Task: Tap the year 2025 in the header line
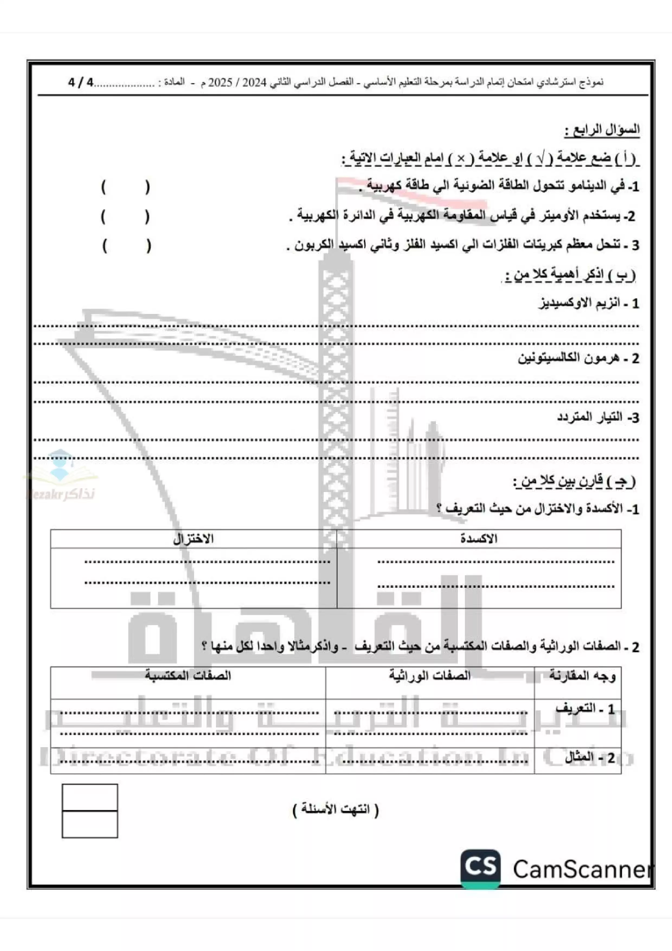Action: click(x=220, y=82)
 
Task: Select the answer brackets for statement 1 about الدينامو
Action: click(x=125, y=187)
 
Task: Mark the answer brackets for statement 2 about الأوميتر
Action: click(x=125, y=217)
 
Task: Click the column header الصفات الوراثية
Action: click(x=429, y=676)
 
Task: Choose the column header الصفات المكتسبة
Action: click(x=188, y=676)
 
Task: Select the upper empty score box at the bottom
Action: click(x=90, y=797)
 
